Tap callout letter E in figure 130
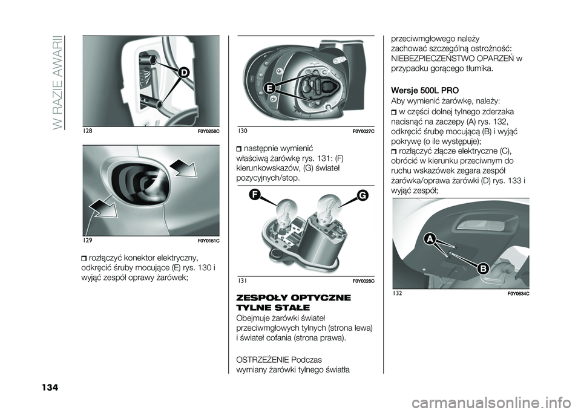270,88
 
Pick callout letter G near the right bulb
362,195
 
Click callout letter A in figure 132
430,239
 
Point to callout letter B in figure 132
483,268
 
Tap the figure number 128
87,131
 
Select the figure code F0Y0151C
208,241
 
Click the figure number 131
242,281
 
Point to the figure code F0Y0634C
517,294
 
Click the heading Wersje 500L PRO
425,91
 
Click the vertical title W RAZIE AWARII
58,82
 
